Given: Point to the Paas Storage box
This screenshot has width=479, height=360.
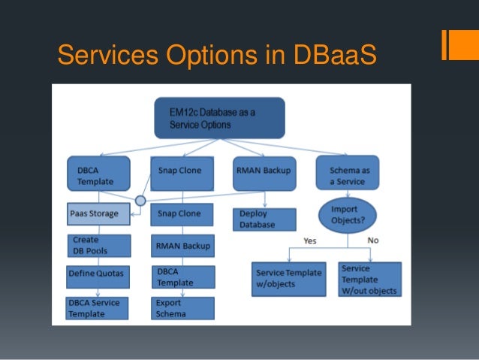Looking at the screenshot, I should pyautogui.click(x=94, y=213).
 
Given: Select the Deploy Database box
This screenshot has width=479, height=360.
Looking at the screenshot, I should pyautogui.click(x=264, y=219).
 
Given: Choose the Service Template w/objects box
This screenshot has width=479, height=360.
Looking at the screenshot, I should pyautogui.click(x=288, y=279).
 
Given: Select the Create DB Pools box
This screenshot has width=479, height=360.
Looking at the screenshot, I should pyautogui.click(x=97, y=245).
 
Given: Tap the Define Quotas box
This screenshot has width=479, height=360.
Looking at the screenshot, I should pyautogui.click(x=97, y=274).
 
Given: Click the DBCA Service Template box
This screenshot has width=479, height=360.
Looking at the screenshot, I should pyautogui.click(x=97, y=307).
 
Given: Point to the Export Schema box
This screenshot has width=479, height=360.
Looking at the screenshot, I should pyautogui.click(x=182, y=307).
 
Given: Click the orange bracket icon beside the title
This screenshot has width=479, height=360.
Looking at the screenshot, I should pyautogui.click(x=453, y=46).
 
